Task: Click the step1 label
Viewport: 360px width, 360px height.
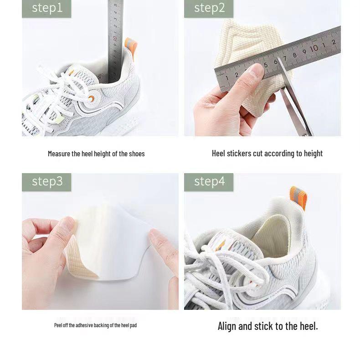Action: point(46,8)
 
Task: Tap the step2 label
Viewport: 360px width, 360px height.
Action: point(209,8)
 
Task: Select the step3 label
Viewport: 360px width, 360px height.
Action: point(46,182)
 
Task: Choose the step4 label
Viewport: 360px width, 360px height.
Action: point(209,182)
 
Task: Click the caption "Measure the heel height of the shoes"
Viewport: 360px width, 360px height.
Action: point(96,154)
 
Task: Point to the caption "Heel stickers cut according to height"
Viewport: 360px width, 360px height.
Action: point(267,154)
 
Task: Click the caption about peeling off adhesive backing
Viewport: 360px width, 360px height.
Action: point(95,325)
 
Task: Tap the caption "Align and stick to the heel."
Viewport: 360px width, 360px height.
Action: point(267,326)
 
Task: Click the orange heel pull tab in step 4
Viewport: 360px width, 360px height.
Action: point(299,197)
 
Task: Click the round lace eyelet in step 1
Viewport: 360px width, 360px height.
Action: point(93,99)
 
